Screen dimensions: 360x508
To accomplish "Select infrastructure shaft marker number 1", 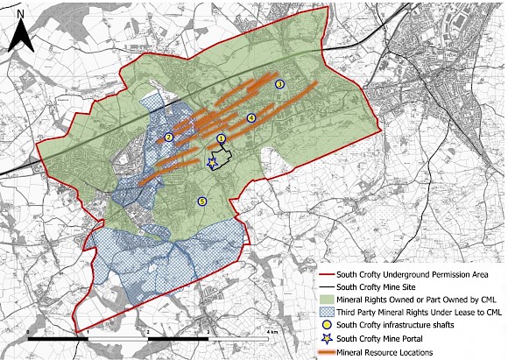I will [x=221, y=138].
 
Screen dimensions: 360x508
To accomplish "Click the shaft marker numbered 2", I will [x=168, y=137].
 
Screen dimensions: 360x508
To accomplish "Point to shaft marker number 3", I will [x=279, y=84].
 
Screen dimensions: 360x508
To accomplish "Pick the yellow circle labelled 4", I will [x=250, y=117].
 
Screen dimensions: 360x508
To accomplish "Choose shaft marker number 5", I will [x=202, y=201].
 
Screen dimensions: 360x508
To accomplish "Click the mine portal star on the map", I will [x=212, y=162].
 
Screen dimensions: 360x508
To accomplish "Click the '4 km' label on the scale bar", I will [x=272, y=332].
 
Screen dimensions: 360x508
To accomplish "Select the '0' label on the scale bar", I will [x=30, y=332].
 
